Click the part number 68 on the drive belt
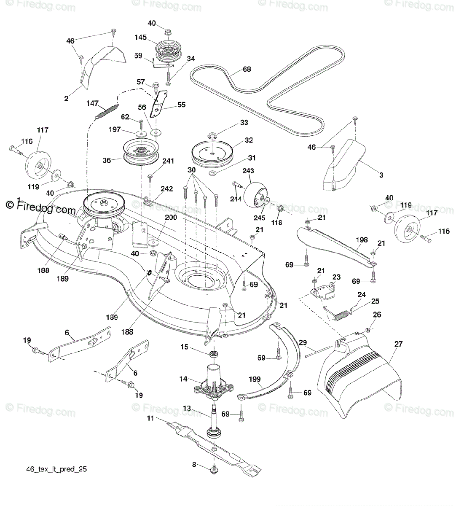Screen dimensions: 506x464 point(247,69)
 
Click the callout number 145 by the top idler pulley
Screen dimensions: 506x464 point(140,38)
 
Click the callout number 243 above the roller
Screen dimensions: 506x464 point(248,170)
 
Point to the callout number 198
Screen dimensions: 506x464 point(361,240)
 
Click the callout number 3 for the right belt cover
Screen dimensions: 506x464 point(381,175)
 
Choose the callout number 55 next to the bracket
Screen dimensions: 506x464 point(181,105)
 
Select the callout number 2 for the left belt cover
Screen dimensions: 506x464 point(66,99)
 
